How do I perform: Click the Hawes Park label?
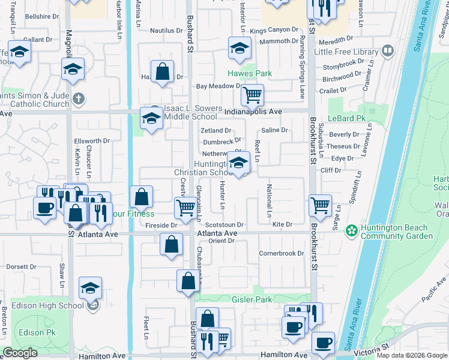(x=249, y=74)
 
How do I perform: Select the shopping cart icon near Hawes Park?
(x=252, y=94)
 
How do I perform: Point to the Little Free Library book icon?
(x=388, y=51)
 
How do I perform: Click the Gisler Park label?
(x=252, y=299)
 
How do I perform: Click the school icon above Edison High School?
(x=90, y=289)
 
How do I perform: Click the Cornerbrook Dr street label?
(x=282, y=253)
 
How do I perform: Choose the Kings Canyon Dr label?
(x=274, y=29)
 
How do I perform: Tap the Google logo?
(x=20, y=352)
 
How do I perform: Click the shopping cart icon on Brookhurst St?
(x=320, y=205)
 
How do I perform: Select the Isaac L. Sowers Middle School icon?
(x=151, y=118)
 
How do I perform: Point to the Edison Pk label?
(x=35, y=332)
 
